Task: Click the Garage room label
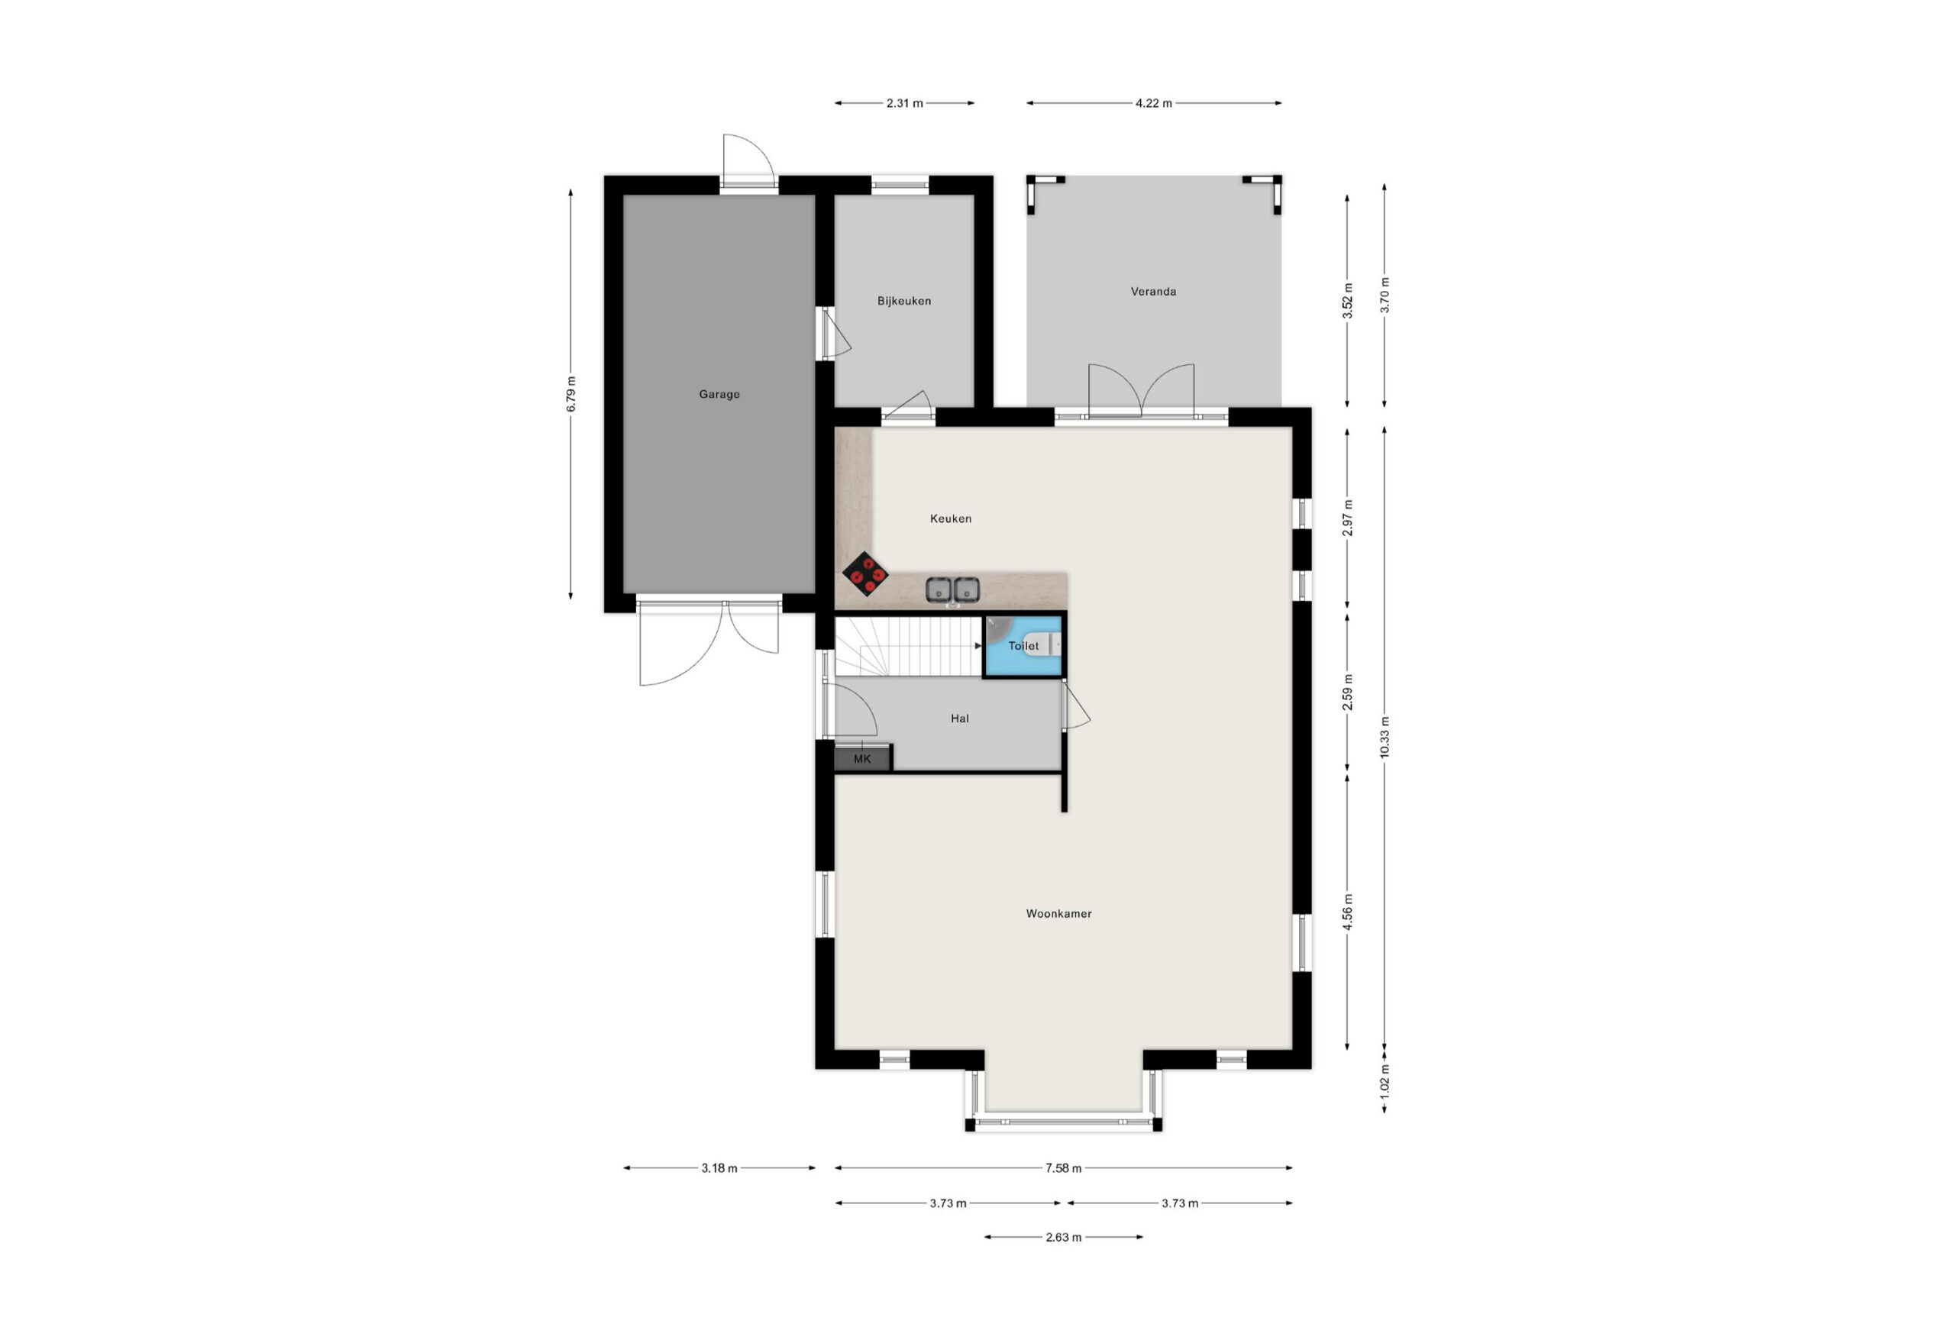719,394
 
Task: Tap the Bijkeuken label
904,300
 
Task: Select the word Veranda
1153,291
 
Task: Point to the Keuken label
951,518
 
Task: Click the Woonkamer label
1059,913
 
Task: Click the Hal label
960,718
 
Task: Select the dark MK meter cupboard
862,759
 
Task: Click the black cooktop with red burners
865,574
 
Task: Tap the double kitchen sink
953,589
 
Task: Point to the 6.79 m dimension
571,394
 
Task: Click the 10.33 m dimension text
1385,737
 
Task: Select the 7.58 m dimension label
1063,1167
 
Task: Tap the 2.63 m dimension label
1063,1238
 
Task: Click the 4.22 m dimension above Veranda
1153,104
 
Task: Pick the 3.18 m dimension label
719,1167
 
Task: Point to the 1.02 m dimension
1385,1080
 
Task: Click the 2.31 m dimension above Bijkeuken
904,104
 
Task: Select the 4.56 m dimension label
1348,912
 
